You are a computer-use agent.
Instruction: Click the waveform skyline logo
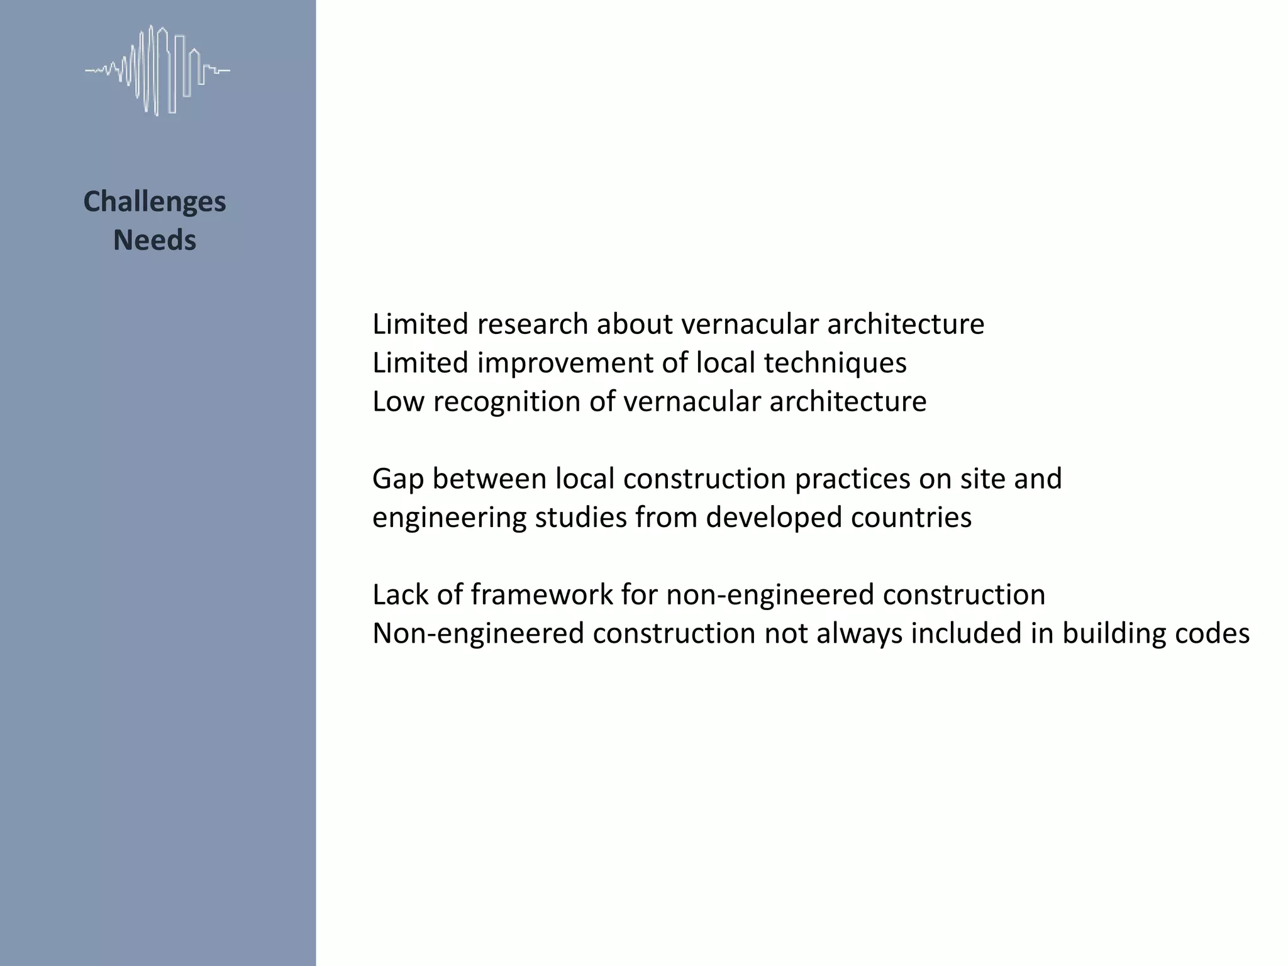coord(157,70)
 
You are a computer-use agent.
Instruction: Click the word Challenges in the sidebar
coord(155,202)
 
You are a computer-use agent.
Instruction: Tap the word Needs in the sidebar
coord(155,240)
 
